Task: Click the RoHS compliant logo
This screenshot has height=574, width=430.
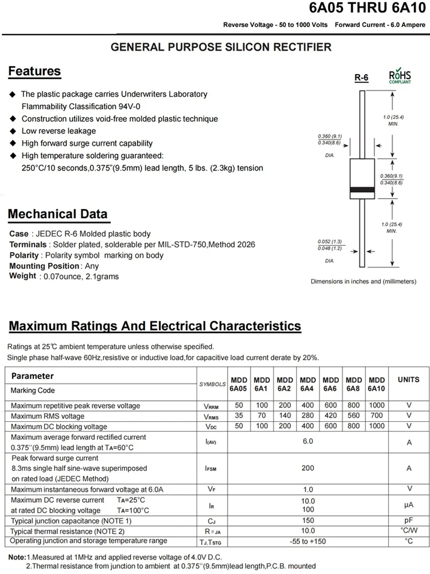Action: click(400, 77)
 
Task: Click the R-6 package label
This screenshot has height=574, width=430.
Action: click(361, 77)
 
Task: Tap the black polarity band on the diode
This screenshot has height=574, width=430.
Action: click(362, 189)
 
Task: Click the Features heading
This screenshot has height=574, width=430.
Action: click(34, 71)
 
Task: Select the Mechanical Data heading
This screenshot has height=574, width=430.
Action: click(57, 214)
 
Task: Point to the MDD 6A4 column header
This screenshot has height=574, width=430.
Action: click(308, 384)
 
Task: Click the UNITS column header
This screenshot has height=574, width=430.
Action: click(408, 380)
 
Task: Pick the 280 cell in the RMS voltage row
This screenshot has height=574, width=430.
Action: click(308, 416)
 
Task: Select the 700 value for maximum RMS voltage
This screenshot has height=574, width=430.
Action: click(377, 416)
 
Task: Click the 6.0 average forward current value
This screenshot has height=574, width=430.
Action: click(308, 441)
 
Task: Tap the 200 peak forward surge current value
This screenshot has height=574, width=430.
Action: click(308, 468)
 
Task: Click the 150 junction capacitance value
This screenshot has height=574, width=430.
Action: click(308, 521)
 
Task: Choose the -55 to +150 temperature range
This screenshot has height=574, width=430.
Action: click(308, 541)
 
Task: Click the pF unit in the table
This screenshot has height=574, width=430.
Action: click(409, 521)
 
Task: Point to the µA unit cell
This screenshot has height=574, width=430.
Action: click(409, 505)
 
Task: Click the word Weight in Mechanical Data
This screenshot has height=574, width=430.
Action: click(23, 276)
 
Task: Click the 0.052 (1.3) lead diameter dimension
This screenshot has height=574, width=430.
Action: click(330, 242)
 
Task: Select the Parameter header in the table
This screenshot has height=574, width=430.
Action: click(33, 376)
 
